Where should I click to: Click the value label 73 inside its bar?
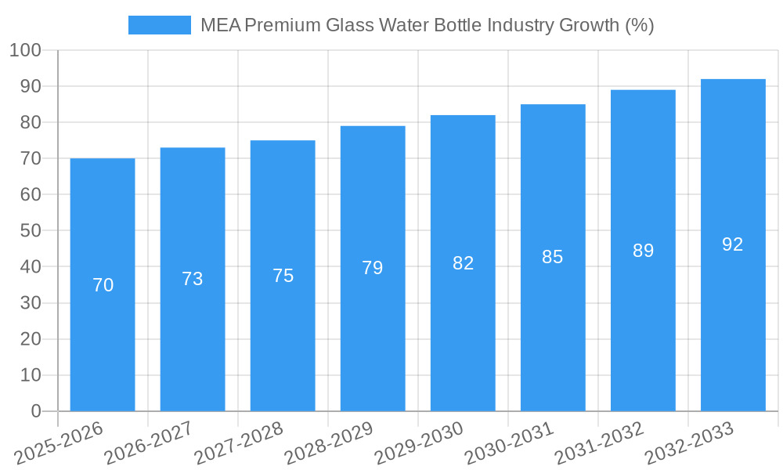tap(193, 279)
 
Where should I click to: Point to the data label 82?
tap(463, 263)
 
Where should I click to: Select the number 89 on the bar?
tap(643, 251)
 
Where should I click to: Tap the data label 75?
tap(283, 276)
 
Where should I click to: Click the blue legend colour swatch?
tap(160, 25)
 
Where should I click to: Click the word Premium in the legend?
tap(283, 25)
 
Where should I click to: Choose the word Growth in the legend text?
tap(588, 25)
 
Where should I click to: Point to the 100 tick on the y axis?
tap(25, 51)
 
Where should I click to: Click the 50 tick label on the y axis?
tap(30, 231)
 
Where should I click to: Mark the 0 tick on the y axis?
tap(35, 411)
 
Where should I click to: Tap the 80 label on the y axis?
tap(30, 123)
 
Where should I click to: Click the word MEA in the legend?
tap(220, 25)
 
